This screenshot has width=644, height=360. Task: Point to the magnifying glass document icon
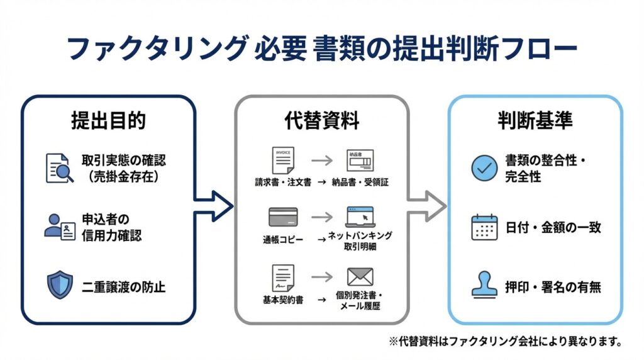60,167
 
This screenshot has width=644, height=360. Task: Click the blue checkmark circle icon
484,167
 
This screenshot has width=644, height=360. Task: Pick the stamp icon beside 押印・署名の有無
484,286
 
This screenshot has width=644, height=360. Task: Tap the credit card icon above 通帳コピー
282,218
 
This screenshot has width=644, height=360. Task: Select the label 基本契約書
283,301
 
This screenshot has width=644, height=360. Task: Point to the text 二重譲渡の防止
123,287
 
